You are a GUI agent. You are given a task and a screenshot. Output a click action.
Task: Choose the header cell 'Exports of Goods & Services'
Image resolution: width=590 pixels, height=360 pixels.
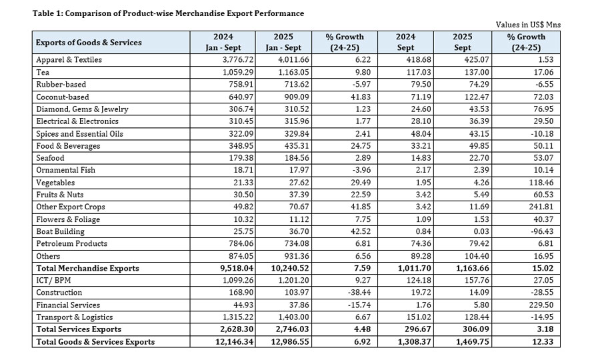point(89,42)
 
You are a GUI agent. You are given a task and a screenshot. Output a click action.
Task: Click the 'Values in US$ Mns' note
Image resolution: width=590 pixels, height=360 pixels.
point(528,24)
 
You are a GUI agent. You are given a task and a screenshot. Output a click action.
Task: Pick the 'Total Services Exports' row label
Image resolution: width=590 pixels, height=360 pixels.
point(79,329)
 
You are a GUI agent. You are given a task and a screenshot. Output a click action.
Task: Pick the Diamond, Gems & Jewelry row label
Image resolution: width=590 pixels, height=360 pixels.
point(82,109)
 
